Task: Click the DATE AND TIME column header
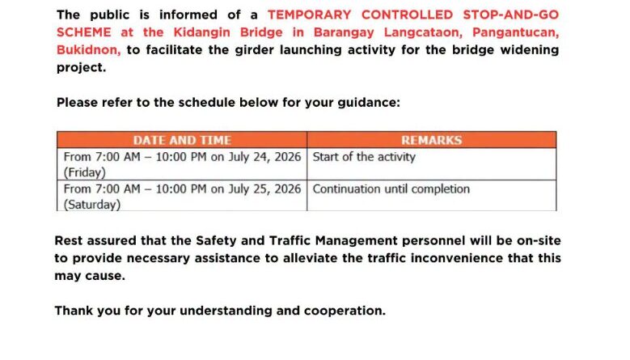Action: (182, 140)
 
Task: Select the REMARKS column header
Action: (432, 140)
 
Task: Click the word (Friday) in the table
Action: (85, 172)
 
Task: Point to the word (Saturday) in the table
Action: (92, 205)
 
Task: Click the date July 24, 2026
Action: (264, 157)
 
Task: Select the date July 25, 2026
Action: (264, 188)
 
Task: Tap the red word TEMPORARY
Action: (310, 15)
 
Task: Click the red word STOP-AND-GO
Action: (510, 15)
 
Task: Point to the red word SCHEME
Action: (83, 32)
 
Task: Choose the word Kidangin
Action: (201, 32)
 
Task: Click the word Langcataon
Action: (423, 32)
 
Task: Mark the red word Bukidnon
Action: (88, 50)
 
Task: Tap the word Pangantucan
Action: (515, 32)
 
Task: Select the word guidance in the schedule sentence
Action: (369, 103)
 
